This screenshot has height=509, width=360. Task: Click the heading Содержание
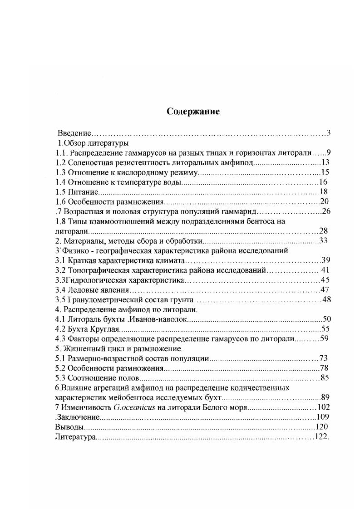pyautogui.click(x=193, y=112)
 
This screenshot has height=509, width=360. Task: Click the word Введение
pyautogui.click(x=74, y=133)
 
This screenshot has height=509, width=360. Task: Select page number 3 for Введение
pyautogui.click(x=328, y=133)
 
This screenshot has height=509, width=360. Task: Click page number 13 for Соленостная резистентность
pyautogui.click(x=326, y=162)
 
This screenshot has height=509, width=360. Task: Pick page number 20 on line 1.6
pyautogui.click(x=324, y=201)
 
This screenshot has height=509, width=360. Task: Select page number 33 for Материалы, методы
pyautogui.click(x=324, y=240)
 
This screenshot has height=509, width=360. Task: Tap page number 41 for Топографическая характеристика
pyautogui.click(x=325, y=270)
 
